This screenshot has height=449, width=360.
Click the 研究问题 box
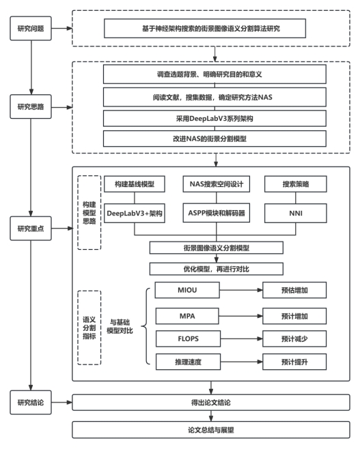[31, 29]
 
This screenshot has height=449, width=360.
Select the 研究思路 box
[31, 106]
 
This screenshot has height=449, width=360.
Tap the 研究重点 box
[31, 228]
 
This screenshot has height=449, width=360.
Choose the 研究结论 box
[31, 403]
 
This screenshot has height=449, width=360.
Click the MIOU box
[187, 290]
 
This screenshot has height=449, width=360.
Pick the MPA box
[187, 316]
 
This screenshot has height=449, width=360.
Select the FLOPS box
[188, 338]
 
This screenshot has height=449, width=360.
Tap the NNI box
[296, 213]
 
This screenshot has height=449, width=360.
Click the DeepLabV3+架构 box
[135, 213]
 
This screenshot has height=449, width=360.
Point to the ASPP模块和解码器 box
[217, 213]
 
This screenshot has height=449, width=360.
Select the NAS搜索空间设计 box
[217, 184]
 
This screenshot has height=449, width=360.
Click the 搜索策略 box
[296, 184]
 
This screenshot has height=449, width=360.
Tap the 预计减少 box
[294, 338]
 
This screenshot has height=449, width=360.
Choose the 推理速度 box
[188, 362]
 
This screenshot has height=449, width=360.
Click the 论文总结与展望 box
[211, 430]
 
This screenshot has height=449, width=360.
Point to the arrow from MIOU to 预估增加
[241, 290]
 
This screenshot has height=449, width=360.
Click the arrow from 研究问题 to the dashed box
[61, 29]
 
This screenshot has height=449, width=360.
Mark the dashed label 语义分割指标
[89, 328]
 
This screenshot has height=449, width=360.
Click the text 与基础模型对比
[120, 326]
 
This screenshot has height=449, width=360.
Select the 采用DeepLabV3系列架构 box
[214, 119]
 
